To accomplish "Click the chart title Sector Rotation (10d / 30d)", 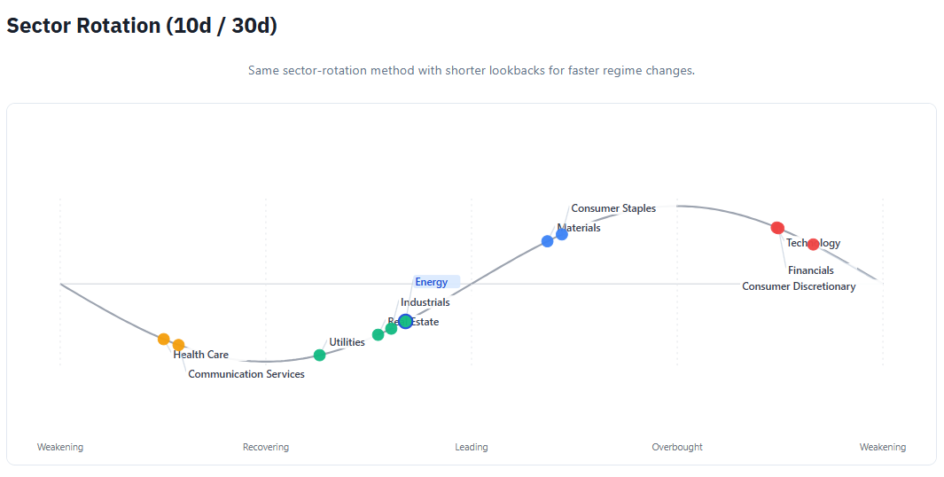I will click(x=142, y=26).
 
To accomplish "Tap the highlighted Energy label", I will click(x=432, y=282).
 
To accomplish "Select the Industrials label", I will click(x=425, y=302).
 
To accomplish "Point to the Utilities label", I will click(x=347, y=342).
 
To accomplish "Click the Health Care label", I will click(x=200, y=355).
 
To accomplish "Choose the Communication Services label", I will click(x=246, y=374).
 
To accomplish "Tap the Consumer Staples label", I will click(x=612, y=208).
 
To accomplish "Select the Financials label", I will click(x=810, y=270).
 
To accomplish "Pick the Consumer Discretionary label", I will click(x=798, y=286).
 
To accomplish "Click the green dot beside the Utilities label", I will click(x=319, y=356).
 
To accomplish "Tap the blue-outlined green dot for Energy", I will click(x=405, y=321).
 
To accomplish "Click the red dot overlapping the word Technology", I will click(x=813, y=244).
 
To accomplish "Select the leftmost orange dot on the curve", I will click(x=163, y=339).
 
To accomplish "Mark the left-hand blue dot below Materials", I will click(x=547, y=241).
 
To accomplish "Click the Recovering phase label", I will click(x=265, y=447).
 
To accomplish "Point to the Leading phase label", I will click(x=471, y=447).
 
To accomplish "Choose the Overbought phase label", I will click(x=676, y=447).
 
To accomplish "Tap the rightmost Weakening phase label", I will click(x=882, y=447).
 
